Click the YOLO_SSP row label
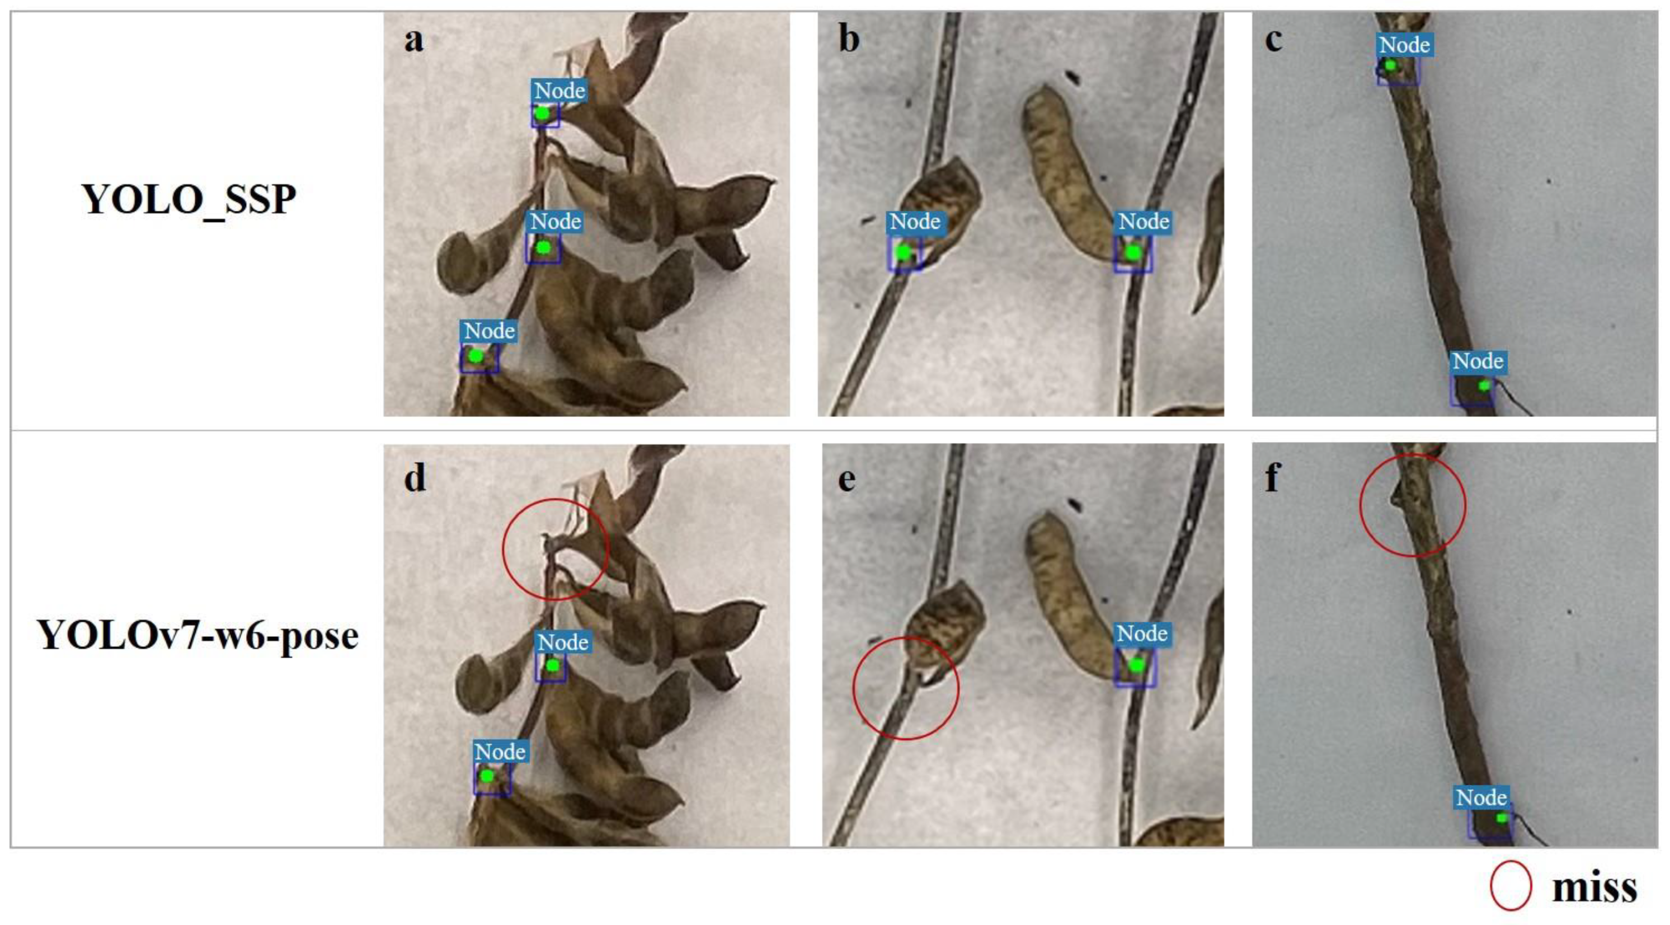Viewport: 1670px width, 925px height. [x=189, y=200]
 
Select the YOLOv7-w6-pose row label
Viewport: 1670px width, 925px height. [x=197, y=636]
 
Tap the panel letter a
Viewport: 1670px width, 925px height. [x=414, y=40]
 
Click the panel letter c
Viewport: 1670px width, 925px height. [x=1273, y=40]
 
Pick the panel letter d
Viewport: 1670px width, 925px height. [x=416, y=478]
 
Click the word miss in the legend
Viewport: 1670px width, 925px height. [x=1594, y=888]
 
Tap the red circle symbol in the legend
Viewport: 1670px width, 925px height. [x=1511, y=885]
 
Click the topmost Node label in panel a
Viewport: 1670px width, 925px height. [x=559, y=91]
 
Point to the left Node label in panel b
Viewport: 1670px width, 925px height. [x=915, y=222]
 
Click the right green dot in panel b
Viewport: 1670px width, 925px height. [x=1132, y=252]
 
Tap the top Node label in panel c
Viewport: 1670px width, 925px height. [x=1404, y=45]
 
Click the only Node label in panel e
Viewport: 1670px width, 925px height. [x=1142, y=633]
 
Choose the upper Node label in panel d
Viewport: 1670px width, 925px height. [x=563, y=642]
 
